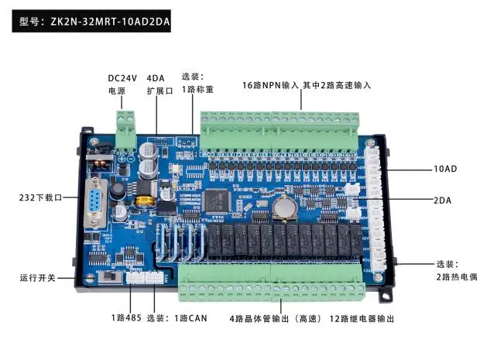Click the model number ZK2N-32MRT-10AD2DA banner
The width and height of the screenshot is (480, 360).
tap(92, 22)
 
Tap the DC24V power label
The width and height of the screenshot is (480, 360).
tap(122, 84)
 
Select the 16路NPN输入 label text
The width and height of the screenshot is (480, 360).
tap(270, 84)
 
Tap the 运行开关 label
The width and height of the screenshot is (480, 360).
tap(39, 277)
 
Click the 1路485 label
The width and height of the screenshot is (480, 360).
tap(125, 318)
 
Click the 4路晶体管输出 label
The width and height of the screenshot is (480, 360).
tap(271, 318)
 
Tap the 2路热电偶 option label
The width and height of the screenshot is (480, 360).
tap(449, 270)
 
